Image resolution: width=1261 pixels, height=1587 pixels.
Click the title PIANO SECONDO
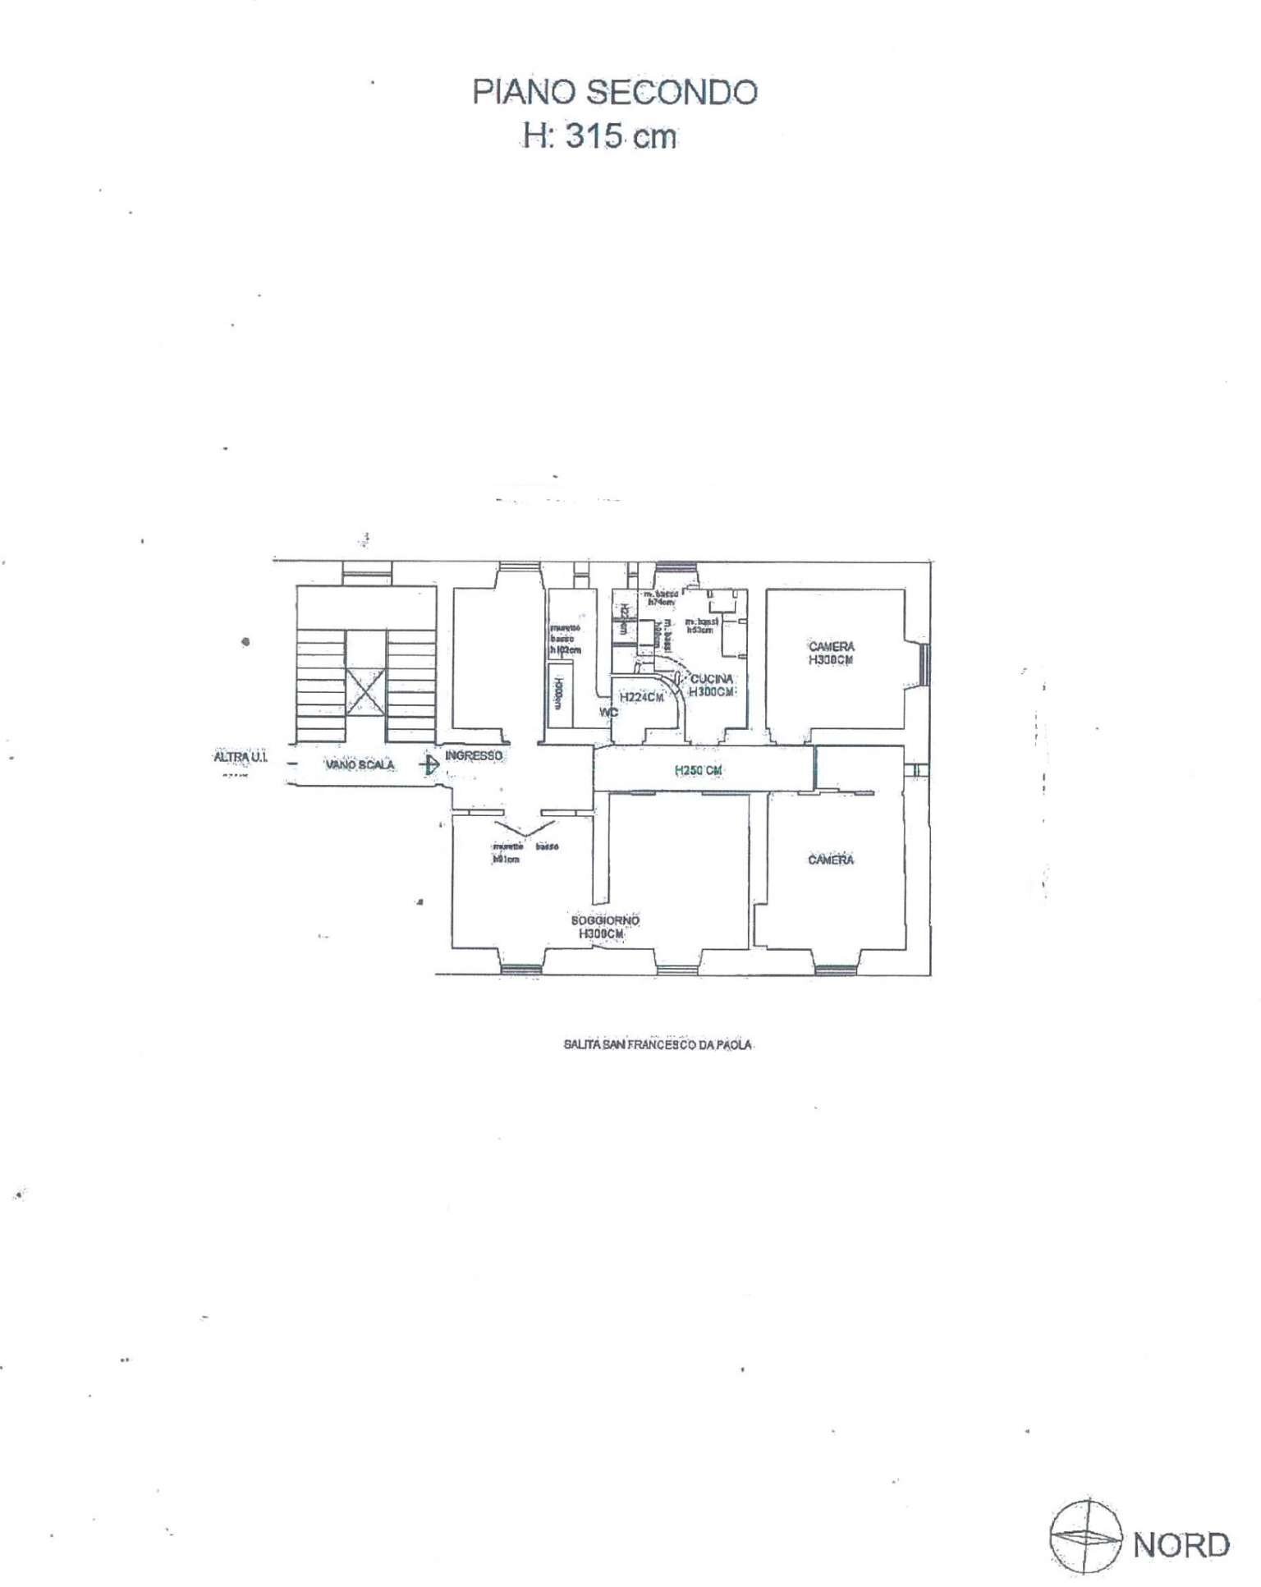coord(614,92)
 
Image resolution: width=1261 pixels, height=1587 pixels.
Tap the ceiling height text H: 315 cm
coord(601,136)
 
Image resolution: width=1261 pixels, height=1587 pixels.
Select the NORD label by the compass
coord(1181,1544)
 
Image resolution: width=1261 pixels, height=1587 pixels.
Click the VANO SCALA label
coord(360,765)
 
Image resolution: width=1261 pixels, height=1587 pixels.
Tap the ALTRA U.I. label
coord(240,759)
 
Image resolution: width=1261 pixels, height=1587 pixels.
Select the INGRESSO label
coord(474,755)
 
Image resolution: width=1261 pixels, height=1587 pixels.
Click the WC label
coord(608,713)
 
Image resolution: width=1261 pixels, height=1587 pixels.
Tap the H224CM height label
coord(641,698)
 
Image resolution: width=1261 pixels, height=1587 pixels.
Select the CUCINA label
coord(712,680)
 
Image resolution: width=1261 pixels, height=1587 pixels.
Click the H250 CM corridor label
coord(698,771)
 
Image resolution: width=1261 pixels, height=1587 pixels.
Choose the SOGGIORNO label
coord(605,920)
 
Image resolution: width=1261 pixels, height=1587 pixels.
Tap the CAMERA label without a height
coord(831,860)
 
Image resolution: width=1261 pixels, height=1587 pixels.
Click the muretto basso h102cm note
coord(565,638)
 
